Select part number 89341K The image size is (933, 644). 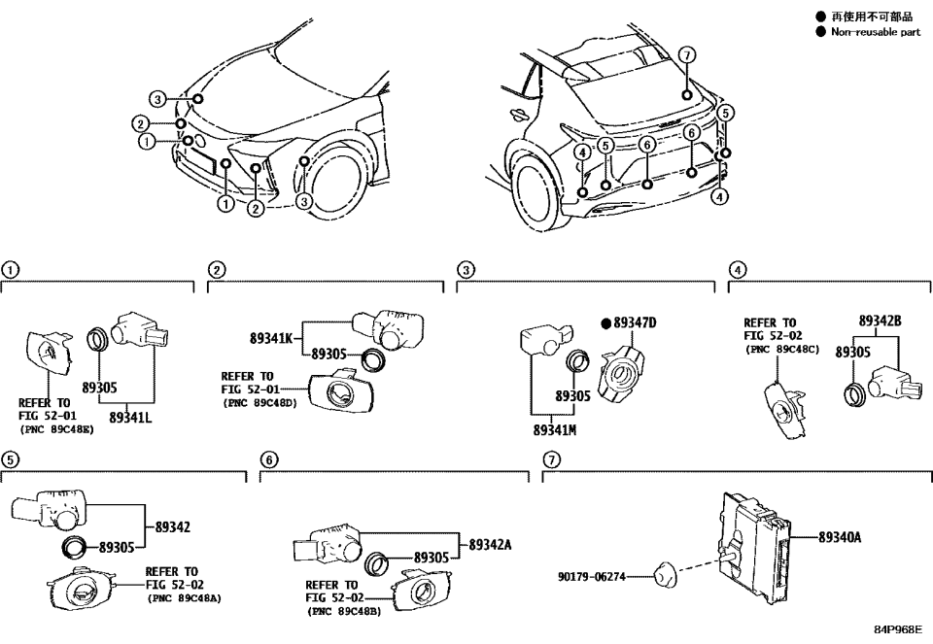click(271, 339)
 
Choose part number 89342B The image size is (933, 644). click(880, 321)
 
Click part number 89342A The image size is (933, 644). click(490, 545)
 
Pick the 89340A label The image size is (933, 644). click(839, 536)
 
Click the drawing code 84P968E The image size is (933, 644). click(896, 630)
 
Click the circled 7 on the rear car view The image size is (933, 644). click(686, 54)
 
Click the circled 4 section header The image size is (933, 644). click(739, 270)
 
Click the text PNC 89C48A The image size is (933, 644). click(185, 598)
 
